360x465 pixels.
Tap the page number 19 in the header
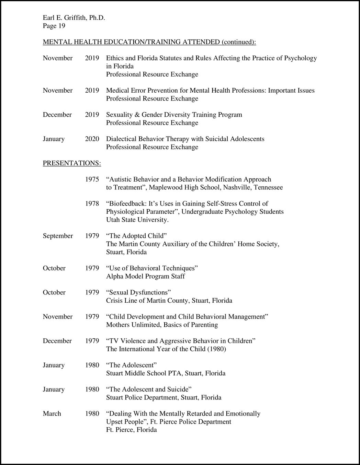tap(61, 26)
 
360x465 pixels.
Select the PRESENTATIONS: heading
tap(72, 163)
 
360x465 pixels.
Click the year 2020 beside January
tap(92, 139)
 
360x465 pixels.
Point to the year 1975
tap(92, 179)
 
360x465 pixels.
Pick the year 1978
tap(92, 204)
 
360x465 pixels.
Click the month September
tap(58, 236)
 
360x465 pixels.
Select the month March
tap(52, 414)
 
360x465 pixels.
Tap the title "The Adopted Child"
tap(136, 236)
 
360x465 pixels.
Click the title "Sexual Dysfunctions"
tap(138, 293)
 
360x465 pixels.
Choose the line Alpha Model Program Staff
tap(145, 277)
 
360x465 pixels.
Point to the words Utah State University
tap(137, 220)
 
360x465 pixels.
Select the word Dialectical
tap(121, 139)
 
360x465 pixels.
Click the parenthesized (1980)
tap(216, 349)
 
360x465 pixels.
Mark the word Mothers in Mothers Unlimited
tap(117, 325)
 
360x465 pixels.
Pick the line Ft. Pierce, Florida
tap(131, 430)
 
